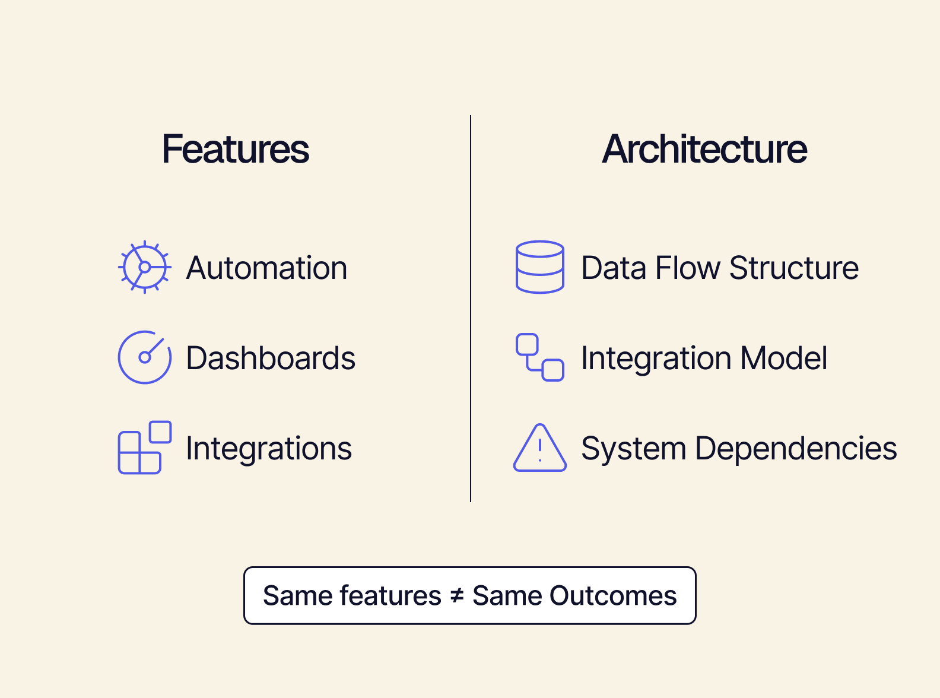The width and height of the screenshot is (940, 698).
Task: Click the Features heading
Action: point(235,149)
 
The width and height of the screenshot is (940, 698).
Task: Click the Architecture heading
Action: point(704,149)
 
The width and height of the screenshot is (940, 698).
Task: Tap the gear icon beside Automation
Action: point(144,267)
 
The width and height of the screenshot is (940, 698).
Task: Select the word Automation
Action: point(266,268)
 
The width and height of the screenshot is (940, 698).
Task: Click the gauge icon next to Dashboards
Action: point(144,357)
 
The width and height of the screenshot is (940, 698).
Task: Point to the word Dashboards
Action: point(271,358)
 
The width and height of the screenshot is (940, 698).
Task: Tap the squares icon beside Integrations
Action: point(144,448)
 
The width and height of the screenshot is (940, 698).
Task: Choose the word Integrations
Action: point(269,449)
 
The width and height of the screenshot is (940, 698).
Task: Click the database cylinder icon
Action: point(539,267)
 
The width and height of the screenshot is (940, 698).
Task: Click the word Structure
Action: point(794,268)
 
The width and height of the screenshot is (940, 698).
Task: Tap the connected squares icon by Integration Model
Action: point(539,357)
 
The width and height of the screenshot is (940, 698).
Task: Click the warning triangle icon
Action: point(539,449)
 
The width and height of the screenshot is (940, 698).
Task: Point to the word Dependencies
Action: point(796,449)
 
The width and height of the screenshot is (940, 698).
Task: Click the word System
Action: point(633,449)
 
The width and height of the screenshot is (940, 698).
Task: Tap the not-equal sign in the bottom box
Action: point(456,596)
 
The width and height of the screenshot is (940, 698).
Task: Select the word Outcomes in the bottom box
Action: point(613,596)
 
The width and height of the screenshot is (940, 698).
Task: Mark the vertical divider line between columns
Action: point(471,309)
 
